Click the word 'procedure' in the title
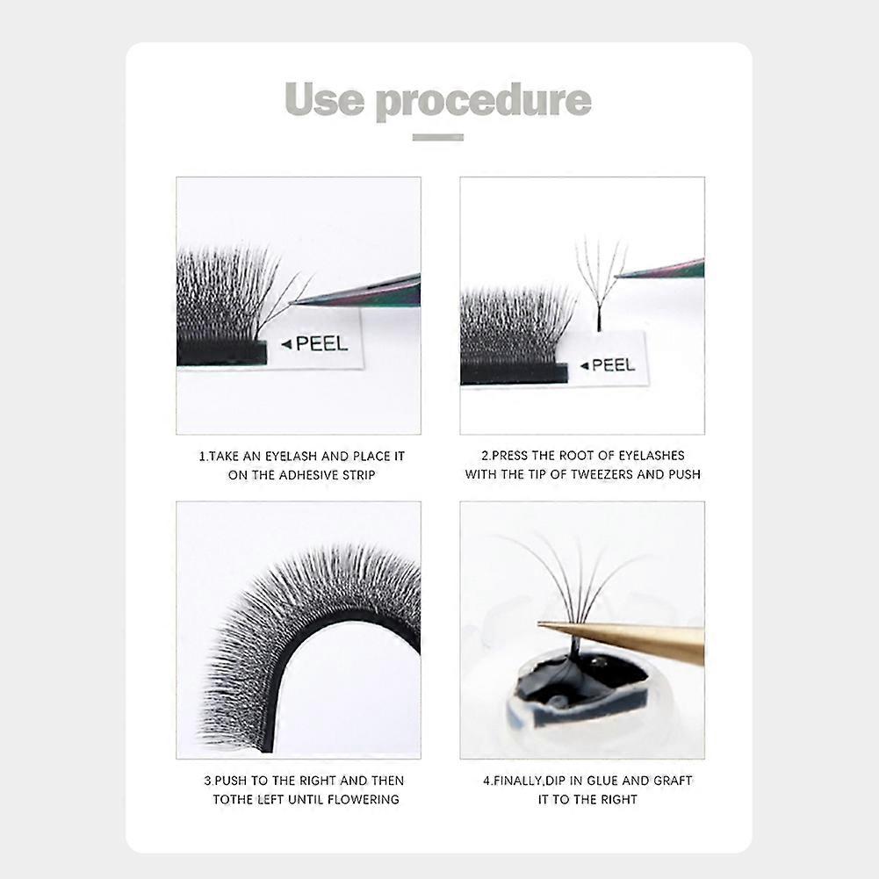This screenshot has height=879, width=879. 484,102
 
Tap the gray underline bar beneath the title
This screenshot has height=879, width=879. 438,137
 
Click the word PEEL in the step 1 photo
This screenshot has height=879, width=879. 321,343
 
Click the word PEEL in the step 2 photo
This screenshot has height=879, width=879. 613,365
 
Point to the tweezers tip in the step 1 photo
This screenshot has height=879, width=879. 292,304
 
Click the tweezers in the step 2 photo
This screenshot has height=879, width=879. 659,269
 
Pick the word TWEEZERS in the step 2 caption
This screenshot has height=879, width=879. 602,474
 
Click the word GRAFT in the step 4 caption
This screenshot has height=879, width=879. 672,781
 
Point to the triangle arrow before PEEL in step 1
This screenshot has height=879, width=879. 286,343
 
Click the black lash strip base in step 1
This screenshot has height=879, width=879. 221,353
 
